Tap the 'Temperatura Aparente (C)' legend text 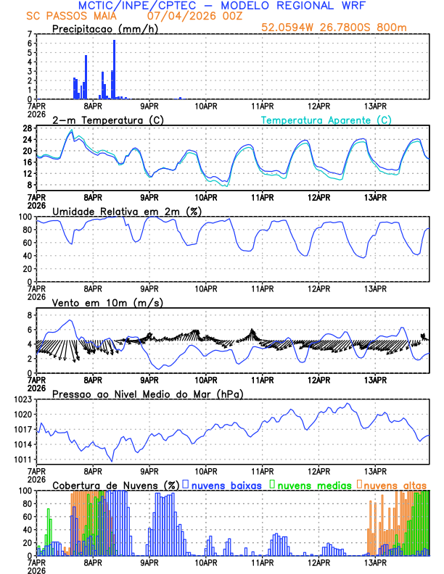[x=326, y=120]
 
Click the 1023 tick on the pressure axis [x=22, y=399]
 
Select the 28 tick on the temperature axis [x=26, y=128]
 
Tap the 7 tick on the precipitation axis [x=29, y=34]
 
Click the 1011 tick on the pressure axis [x=22, y=459]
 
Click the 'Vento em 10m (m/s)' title [x=97, y=302]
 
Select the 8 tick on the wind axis [x=29, y=315]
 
